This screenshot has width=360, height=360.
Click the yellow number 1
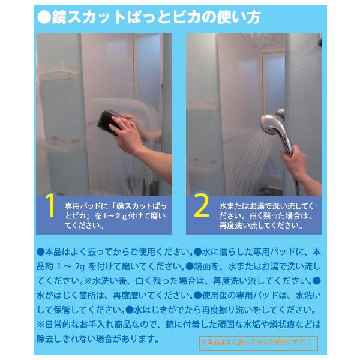pyautogui.click(x=50, y=205)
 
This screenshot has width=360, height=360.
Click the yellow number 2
pyautogui.click(x=201, y=205)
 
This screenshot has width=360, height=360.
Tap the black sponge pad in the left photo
pyautogui.click(x=107, y=122)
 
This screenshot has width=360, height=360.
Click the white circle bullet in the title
pyautogui.click(x=44, y=17)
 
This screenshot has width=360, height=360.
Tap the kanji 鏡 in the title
pyautogui.click(x=59, y=17)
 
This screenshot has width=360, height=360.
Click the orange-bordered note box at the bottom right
pyautogui.click(x=258, y=343)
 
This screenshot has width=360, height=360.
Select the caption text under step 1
pyautogui.click(x=115, y=215)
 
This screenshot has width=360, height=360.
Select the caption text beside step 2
pyautogui.click(x=266, y=215)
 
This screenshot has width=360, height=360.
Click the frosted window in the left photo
pyautogui.click(x=147, y=71)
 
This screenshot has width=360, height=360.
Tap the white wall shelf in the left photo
pyautogui.click(x=59, y=71)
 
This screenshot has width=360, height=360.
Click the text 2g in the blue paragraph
pyautogui.click(x=80, y=267)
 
